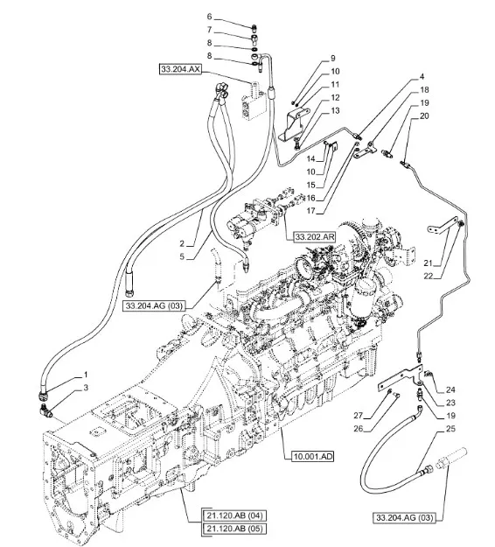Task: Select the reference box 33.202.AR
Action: point(315,237)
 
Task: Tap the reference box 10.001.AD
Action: point(313,456)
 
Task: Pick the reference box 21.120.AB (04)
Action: point(234,515)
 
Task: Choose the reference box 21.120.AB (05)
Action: point(234,529)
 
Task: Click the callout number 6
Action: point(209,17)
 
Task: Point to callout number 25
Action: point(450,428)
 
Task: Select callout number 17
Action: point(310,211)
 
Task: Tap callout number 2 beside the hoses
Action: point(182,243)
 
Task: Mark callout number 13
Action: point(335,110)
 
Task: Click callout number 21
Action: point(428,263)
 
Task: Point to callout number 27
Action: point(358,416)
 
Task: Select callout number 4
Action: point(422,76)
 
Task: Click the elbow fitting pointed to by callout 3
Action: point(46,410)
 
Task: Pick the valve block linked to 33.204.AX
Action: point(253,102)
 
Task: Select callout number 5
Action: point(182,256)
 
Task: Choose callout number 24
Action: point(450,389)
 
